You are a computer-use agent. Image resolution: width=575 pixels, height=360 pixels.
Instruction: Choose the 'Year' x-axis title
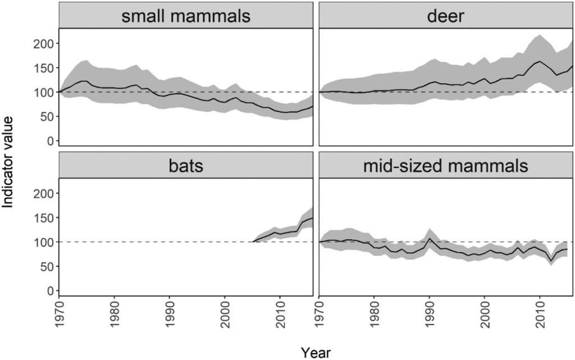coord(316,352)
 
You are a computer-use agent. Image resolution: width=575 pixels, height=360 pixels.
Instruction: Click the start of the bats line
coord(253,242)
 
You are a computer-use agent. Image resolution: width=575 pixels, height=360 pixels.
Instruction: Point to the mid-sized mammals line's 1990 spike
coord(429,239)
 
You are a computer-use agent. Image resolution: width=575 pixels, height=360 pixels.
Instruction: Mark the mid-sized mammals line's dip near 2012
coord(551,260)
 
